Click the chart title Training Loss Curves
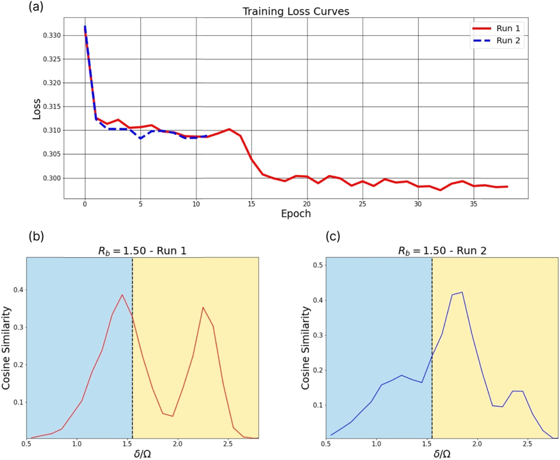(x=296, y=11)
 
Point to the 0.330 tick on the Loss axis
(x=52, y=35)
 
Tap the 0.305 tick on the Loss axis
(x=52, y=154)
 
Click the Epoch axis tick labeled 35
(x=473, y=204)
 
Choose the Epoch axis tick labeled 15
(x=251, y=204)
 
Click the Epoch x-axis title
(x=296, y=214)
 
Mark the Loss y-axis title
(x=36, y=109)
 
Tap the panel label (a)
(x=36, y=7)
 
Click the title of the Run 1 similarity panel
(x=142, y=251)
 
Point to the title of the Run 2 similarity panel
(x=442, y=251)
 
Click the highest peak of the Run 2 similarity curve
(x=462, y=292)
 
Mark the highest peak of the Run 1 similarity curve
(x=122, y=295)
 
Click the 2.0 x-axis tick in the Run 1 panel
(x=178, y=444)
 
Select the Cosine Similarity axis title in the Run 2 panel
(x=306, y=348)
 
